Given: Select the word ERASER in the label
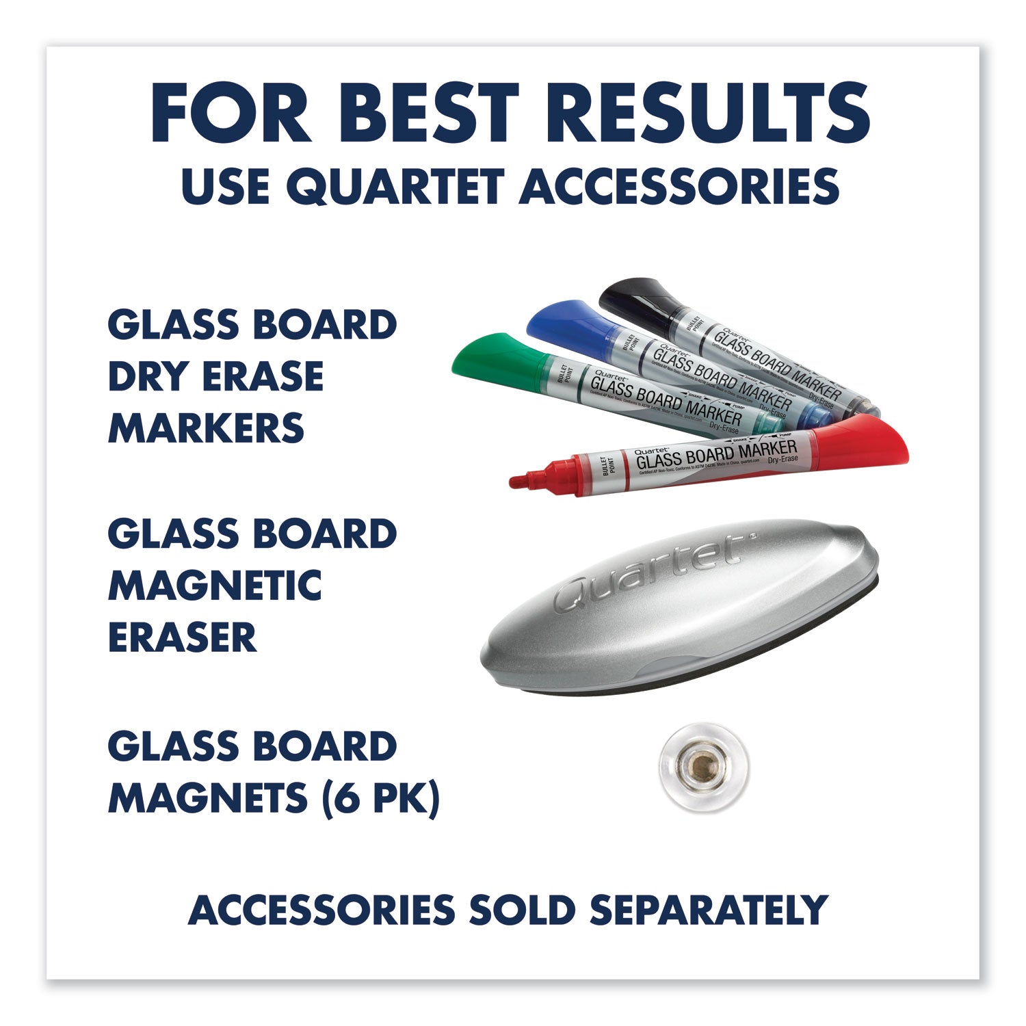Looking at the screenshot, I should [182, 637].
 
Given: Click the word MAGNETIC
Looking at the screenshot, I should [215, 586].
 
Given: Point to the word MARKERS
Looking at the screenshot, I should [206, 429].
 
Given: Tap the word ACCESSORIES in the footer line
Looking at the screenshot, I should [321, 910].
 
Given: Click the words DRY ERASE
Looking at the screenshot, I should [215, 377].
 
